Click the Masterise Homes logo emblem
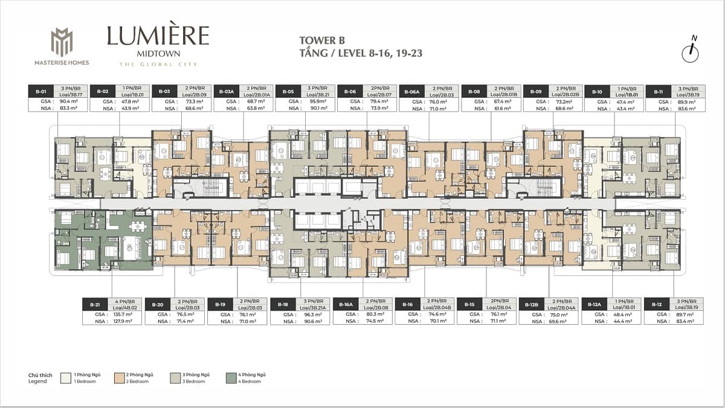click(x=62, y=42)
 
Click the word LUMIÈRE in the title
click(x=158, y=36)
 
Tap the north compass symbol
click(x=690, y=51)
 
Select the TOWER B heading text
click(x=322, y=40)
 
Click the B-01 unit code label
click(x=41, y=91)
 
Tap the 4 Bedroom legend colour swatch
click(x=231, y=378)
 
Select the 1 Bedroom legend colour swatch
click(x=65, y=378)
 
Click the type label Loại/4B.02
click(x=126, y=307)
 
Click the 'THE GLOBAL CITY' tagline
click(x=158, y=64)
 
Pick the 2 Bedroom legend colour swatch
click(x=121, y=378)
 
